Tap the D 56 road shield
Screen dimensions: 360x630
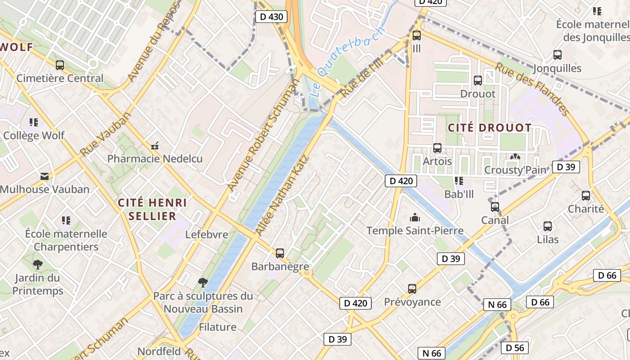(515, 347)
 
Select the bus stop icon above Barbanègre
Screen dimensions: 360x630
(280, 253)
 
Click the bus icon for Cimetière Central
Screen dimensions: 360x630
(60, 65)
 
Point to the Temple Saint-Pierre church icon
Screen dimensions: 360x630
(414, 218)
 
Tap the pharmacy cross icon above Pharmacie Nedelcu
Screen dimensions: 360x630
(155, 146)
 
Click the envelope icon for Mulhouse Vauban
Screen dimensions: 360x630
(45, 176)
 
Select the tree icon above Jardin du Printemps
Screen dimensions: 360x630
(38, 265)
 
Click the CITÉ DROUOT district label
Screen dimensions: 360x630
(490, 128)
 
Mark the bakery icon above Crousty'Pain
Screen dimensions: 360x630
(514, 157)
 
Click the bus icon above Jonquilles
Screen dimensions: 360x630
(557, 55)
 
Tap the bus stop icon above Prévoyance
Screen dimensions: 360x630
(412, 288)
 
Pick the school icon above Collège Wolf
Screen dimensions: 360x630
(34, 122)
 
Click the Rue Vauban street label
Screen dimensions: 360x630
(105, 134)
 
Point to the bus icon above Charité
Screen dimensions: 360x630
(585, 196)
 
